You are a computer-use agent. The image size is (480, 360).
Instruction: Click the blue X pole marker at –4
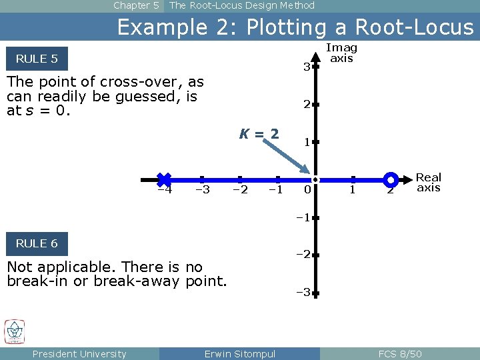pos(164,179)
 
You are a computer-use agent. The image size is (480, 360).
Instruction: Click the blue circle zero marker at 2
pos(391,179)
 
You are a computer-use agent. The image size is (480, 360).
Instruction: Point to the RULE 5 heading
pos(37,59)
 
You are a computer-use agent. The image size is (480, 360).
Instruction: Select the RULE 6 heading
pos(37,243)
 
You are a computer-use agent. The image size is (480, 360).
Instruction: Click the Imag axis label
pos(341,53)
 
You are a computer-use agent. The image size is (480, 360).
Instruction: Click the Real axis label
pos(429,182)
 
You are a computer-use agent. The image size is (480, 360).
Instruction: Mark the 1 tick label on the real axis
pos(353,190)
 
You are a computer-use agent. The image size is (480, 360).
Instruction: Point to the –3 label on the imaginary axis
pos(303,292)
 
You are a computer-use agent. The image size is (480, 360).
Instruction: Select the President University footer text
pos(79,354)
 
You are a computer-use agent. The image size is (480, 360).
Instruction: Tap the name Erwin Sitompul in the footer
pos(239,354)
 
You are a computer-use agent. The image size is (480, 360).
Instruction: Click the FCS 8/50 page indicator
pos(399,354)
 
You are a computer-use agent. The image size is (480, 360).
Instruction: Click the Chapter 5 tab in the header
pos(136,5)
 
